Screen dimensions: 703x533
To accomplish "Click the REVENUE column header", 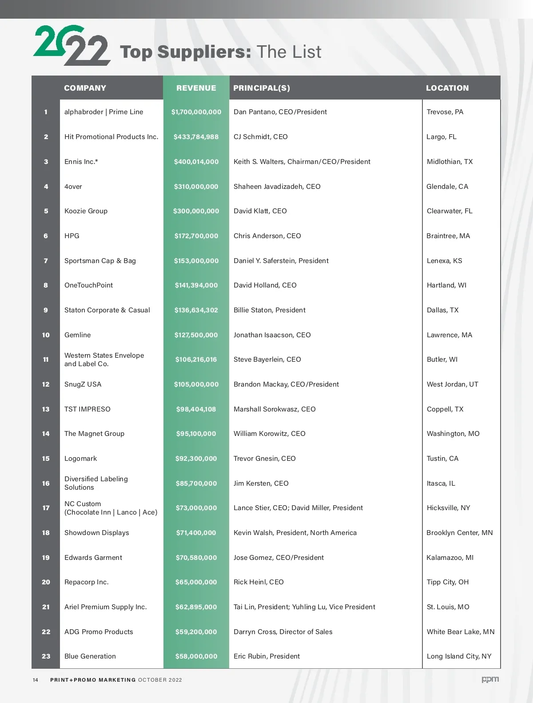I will (196, 88).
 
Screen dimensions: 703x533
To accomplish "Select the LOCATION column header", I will (447, 88).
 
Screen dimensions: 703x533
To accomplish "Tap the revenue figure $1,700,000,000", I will (196, 112).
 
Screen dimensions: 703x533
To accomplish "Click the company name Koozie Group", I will (86, 211).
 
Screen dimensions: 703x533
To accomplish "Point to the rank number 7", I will (46, 261).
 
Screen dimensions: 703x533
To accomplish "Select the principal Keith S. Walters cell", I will (302, 162).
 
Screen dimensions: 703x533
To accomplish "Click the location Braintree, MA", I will (448, 236).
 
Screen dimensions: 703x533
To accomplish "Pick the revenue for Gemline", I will (196, 335).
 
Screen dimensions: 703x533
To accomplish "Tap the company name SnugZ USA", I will (83, 384).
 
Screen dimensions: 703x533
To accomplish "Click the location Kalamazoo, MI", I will (450, 558).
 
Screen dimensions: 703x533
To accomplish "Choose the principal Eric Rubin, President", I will (266, 656).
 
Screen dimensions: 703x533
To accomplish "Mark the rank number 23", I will (46, 656).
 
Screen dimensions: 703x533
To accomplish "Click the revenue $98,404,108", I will (196, 409).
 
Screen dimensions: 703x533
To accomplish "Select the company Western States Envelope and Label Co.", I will (104, 359).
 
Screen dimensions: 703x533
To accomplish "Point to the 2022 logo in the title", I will (71, 45).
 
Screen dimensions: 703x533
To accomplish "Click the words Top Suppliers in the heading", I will (185, 52).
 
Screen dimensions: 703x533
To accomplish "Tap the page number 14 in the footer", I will (36, 680).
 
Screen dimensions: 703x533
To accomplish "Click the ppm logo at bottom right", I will (490, 679).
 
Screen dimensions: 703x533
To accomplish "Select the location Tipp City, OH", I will (447, 582).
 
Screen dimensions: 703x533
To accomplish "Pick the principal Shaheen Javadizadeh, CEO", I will (277, 187).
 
